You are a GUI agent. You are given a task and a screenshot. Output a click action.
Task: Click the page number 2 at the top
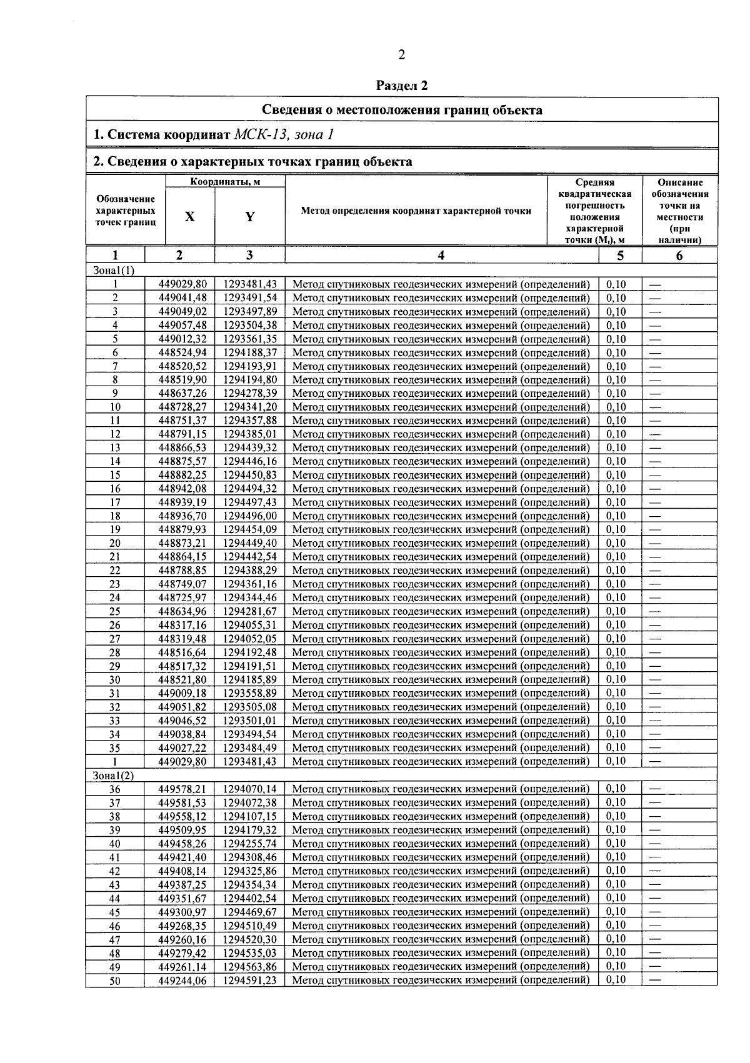coord(401,55)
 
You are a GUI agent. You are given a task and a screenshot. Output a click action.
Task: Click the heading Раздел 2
coord(402,86)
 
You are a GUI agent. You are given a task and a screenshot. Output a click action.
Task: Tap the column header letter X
coord(190,217)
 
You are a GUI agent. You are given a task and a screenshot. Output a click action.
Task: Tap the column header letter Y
coord(250,217)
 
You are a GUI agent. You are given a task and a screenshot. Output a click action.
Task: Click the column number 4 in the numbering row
coord(441,255)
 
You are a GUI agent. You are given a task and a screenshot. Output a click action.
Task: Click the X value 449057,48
coord(182,326)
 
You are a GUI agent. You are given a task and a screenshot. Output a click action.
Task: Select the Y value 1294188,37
coord(250,353)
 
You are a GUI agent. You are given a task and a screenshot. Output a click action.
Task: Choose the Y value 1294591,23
coord(250,981)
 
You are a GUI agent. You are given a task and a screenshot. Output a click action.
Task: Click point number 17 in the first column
coord(115,502)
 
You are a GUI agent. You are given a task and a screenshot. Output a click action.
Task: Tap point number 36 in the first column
coord(115,789)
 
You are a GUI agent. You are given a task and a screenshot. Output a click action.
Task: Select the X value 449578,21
coord(182,789)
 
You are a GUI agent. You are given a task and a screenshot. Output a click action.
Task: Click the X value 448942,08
coord(182,489)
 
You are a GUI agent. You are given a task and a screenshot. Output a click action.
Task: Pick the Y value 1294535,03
coord(250,953)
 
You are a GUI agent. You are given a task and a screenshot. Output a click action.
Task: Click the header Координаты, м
coord(225,182)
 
